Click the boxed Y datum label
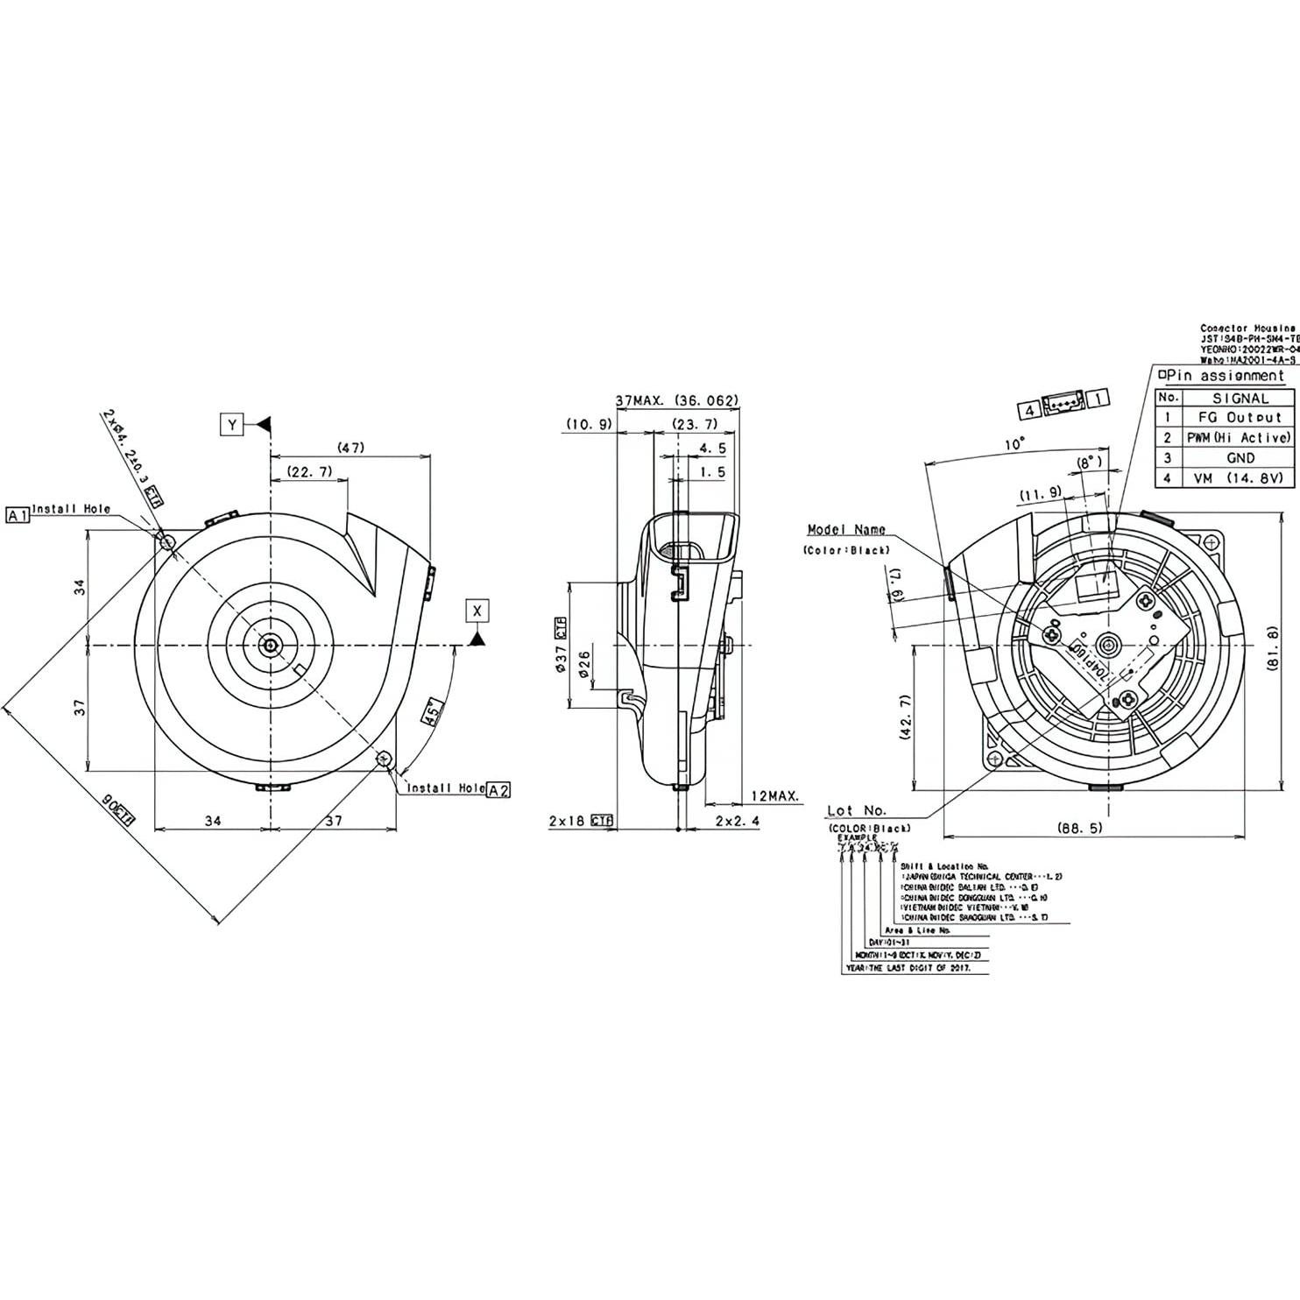pyautogui.click(x=232, y=425)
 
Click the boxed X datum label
pyautogui.click(x=477, y=610)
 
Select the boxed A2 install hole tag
pyautogui.click(x=498, y=790)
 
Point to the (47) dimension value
pyautogui.click(x=351, y=448)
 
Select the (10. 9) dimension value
pyautogui.click(x=588, y=424)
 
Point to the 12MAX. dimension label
pyautogui.click(x=774, y=795)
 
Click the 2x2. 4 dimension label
pyautogui.click(x=738, y=821)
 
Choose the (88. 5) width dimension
pyautogui.click(x=1079, y=827)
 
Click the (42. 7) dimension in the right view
pyautogui.click(x=905, y=717)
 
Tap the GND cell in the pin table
pyautogui.click(x=1240, y=457)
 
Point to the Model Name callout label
pyautogui.click(x=845, y=529)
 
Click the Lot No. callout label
pyautogui.click(x=856, y=810)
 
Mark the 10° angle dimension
pyautogui.click(x=1014, y=444)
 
